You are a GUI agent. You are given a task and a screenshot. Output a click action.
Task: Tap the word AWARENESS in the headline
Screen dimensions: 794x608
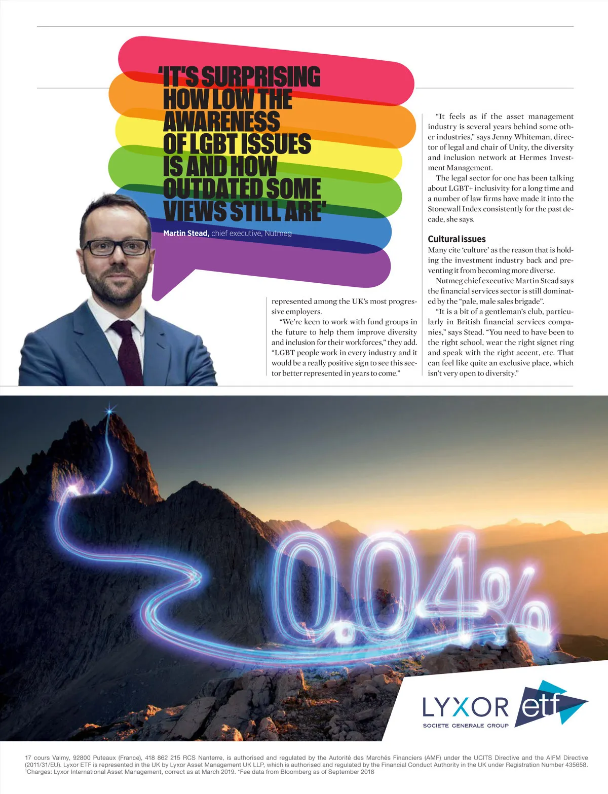221,122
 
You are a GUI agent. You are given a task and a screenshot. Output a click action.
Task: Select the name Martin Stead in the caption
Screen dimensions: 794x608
186,233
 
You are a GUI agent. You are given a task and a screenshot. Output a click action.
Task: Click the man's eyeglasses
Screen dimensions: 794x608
116,247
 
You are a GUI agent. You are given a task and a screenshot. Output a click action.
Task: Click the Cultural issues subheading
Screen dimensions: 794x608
457,239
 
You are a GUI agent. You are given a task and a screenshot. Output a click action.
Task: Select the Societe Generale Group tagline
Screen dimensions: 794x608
465,726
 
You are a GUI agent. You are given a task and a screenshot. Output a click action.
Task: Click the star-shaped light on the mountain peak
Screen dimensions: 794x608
109,411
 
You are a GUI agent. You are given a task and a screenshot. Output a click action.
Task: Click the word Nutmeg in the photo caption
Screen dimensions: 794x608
278,233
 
